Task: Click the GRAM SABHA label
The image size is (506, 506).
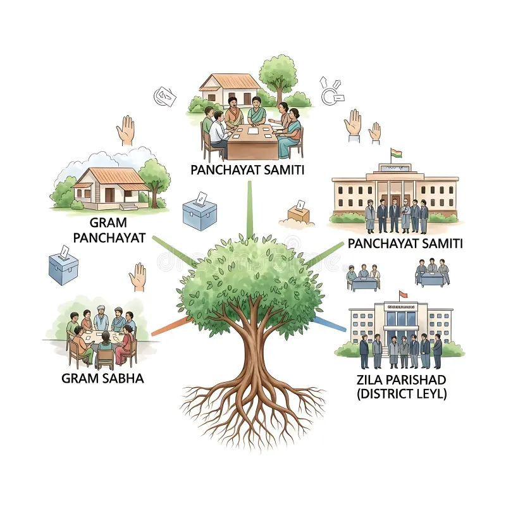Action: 102,378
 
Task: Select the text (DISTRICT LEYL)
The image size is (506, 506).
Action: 402,394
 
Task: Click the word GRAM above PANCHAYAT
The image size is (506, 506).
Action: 108,223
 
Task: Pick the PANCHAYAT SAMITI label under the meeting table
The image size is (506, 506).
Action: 247,170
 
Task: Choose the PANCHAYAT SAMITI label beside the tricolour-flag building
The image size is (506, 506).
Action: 405,244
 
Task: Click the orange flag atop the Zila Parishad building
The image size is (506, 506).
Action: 403,294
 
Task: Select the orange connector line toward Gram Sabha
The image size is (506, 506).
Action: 171,326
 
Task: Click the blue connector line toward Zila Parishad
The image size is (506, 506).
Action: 330,324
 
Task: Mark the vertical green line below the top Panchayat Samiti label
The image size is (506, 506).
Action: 249,209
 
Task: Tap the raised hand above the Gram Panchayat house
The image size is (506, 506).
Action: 125,130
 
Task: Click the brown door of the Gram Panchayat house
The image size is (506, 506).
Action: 109,195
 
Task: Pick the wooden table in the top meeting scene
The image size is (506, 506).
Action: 252,142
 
